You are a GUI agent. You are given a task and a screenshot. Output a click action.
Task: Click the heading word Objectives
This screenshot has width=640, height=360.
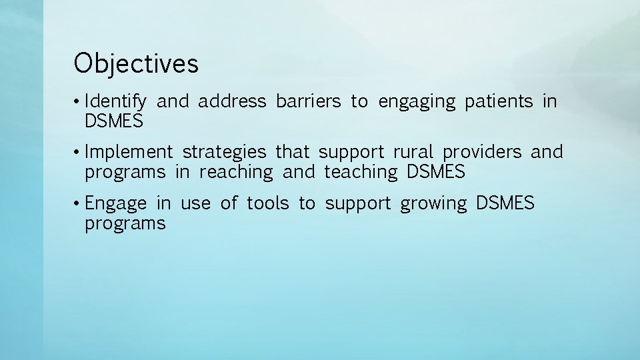coord(136,64)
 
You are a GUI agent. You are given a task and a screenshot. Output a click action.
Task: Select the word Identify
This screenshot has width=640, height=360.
coord(116,102)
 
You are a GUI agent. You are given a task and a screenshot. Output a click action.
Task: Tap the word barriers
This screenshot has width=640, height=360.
coord(308,101)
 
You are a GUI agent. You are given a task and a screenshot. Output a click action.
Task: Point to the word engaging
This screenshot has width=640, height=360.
coord(417,102)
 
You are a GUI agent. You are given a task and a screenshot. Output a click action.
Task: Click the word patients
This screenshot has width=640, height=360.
coord(499,101)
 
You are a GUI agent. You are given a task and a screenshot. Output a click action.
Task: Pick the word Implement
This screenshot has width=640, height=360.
coord(129,153)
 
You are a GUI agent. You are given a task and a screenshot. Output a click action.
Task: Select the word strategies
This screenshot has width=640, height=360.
coord(224,153)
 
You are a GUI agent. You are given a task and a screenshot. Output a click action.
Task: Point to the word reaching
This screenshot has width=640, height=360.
coord(236,173)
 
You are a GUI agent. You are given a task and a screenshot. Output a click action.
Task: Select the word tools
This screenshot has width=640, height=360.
coord(268,203)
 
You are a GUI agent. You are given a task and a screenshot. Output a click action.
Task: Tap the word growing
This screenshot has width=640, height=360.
coord(433,203)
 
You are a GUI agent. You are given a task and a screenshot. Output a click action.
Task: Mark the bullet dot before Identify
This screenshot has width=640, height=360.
coord(77,102)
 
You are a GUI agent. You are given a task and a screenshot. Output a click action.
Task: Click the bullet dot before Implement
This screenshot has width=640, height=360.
coord(77,153)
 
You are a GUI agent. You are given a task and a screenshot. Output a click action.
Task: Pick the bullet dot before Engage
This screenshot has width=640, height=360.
coord(77,203)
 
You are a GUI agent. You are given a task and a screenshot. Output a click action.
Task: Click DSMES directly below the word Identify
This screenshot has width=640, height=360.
coord(114,121)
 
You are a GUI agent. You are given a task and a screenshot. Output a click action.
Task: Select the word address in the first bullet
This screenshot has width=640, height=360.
coord(233,101)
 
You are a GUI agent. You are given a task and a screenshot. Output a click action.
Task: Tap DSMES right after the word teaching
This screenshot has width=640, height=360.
coord(435,172)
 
